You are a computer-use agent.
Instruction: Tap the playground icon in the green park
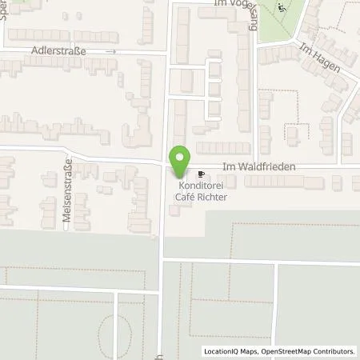pos(280,9)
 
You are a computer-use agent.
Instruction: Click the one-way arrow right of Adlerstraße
pos(112,50)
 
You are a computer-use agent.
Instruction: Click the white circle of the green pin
pos(180,156)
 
